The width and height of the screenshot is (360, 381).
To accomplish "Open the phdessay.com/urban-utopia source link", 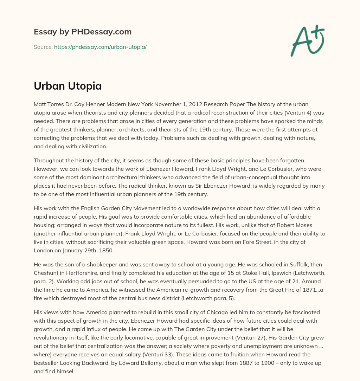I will (100, 47).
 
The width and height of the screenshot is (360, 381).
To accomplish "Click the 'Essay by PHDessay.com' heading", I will (83, 32).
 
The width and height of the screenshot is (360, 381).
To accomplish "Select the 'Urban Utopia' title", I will (67, 86).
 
